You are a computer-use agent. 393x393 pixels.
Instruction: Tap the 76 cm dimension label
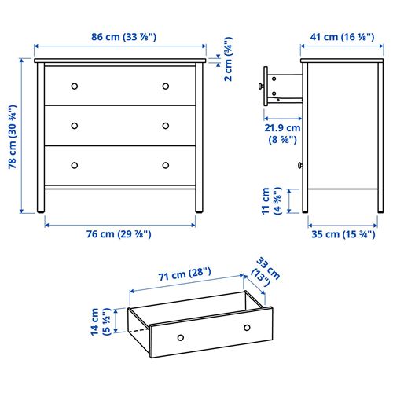click(x=119, y=234)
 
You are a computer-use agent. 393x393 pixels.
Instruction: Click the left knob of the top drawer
click(x=75, y=85)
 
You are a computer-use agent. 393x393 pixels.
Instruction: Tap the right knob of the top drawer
click(x=166, y=85)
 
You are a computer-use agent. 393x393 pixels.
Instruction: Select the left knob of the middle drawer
click(x=75, y=125)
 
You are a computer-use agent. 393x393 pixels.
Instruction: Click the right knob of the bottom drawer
click(x=166, y=165)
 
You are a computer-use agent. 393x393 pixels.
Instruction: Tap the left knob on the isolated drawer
click(x=181, y=337)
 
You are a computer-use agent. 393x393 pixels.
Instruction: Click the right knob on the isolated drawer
click(x=247, y=327)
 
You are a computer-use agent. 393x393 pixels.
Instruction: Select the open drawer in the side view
click(x=283, y=86)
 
